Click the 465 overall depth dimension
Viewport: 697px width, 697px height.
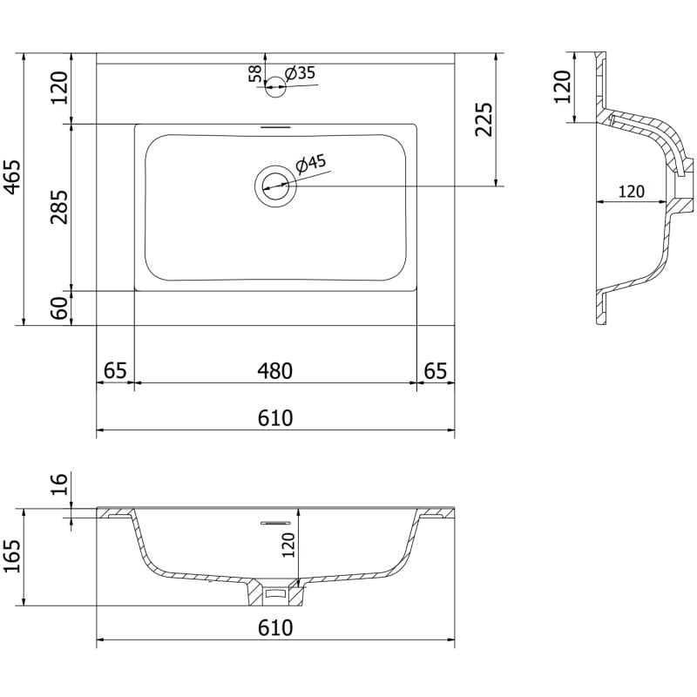point(12,177)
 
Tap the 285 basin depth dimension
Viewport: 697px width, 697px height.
point(59,206)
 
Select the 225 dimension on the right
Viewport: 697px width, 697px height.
point(484,119)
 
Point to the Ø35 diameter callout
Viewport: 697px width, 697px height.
point(300,73)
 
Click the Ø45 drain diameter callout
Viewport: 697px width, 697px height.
point(311,164)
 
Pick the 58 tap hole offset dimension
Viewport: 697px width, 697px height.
point(255,74)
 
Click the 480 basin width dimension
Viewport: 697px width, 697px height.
point(275,371)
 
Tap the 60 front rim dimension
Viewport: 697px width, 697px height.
point(59,308)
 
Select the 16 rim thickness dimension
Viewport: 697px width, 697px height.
point(59,484)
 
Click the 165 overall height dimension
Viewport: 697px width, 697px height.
point(12,557)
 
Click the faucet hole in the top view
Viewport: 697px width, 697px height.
point(275,86)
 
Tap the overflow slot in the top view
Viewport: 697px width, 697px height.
point(275,127)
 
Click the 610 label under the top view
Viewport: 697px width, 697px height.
point(275,418)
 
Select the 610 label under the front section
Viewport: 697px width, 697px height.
point(275,628)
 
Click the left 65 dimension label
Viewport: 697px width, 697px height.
point(116,371)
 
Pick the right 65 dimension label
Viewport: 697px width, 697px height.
point(436,371)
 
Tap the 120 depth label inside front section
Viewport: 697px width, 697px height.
point(289,545)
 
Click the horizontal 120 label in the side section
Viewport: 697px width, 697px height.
point(631,192)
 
